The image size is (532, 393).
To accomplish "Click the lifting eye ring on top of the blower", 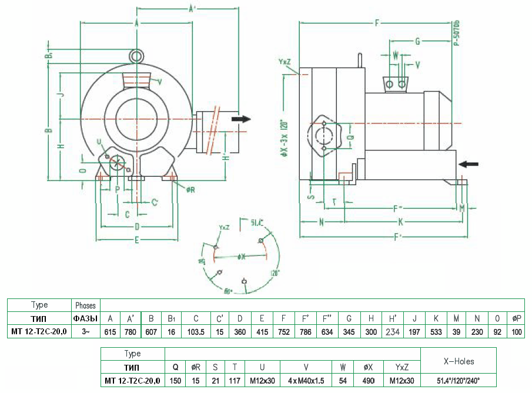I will (x=136, y=56).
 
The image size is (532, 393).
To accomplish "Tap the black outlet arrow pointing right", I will (x=240, y=119).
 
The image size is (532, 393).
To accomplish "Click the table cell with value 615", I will (x=110, y=332).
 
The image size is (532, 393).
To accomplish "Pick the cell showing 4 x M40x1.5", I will (x=305, y=381).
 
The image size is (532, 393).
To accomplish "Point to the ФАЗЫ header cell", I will (x=85, y=318).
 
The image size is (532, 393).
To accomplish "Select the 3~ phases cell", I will (x=85, y=332).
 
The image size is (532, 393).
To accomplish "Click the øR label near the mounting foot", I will (x=190, y=190).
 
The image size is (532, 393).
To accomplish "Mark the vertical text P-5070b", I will (x=457, y=32).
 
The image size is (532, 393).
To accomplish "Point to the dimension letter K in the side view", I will (x=400, y=222).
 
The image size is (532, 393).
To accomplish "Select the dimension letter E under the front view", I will (x=136, y=239).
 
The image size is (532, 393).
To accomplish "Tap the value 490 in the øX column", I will (x=367, y=381).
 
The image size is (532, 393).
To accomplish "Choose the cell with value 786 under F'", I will (x=306, y=332).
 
